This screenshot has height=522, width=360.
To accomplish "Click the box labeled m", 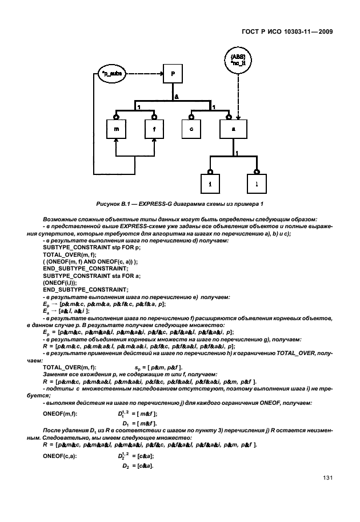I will (x=116, y=130).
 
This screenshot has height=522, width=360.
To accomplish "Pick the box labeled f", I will (x=154, y=130).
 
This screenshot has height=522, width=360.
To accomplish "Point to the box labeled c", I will (x=192, y=130).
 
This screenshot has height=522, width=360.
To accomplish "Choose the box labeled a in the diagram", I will (x=234, y=130).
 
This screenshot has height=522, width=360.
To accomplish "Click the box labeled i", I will (x=210, y=184).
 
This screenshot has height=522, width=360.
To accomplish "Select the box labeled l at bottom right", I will (x=257, y=184).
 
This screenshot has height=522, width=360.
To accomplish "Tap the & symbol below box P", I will (x=177, y=98).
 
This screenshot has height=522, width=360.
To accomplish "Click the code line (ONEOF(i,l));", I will (x=61, y=282).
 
